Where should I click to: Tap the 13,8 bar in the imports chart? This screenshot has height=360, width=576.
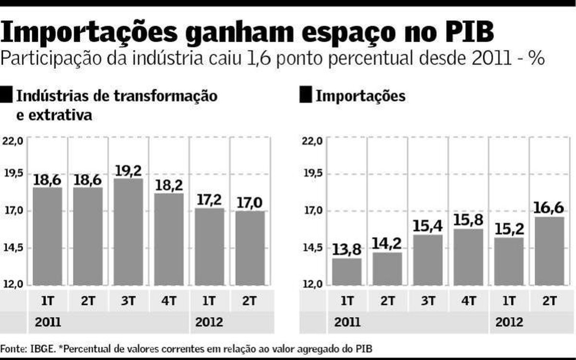coord(347,271)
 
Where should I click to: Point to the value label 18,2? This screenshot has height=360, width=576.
coord(168,185)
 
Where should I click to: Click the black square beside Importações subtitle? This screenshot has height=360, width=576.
coord(305,95)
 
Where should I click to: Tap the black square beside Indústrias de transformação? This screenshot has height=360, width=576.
coord(7,95)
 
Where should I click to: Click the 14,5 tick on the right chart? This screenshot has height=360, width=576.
coord(311,248)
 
